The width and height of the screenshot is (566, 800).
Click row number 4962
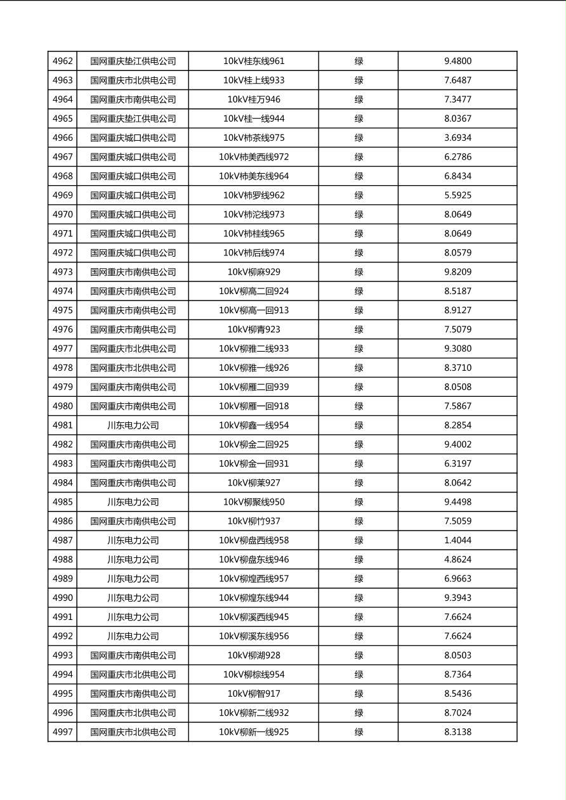pos(62,61)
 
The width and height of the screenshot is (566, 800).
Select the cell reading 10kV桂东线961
pos(254,61)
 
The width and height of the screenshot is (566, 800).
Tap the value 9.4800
pos(457,61)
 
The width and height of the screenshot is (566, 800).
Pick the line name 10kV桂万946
pos(254,100)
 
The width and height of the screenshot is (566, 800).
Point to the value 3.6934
pos(457,138)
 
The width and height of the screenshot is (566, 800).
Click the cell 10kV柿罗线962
pos(254,195)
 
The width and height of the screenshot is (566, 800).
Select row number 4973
pos(62,272)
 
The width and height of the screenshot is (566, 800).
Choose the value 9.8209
pos(457,272)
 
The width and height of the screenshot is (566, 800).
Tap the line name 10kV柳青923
pos(254,330)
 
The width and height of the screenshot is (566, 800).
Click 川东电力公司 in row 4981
pos(133,425)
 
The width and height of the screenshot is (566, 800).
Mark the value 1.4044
pos(457,540)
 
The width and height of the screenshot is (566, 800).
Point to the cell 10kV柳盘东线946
pos(254,560)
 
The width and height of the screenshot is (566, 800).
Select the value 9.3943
pos(457,598)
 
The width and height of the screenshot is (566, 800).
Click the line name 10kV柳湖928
pos(254,655)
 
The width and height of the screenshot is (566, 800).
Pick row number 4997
pos(62,732)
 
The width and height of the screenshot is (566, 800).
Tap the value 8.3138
pos(457,732)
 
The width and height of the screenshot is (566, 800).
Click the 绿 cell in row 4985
pos(359,502)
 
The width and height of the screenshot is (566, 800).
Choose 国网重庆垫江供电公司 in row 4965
pos(133,119)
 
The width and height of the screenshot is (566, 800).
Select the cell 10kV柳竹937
pos(254,521)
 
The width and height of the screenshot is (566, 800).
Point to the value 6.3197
pos(457,463)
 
